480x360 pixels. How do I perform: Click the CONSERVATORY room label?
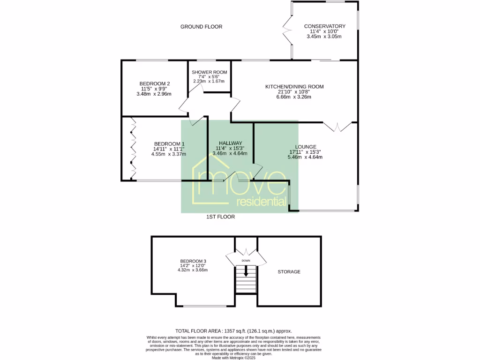tap(324, 26)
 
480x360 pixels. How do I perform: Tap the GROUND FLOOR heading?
tap(201, 27)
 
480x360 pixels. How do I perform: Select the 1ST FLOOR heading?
tap(220, 217)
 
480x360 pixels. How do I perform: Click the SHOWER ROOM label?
tap(210, 72)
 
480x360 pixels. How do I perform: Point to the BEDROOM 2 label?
tap(154, 83)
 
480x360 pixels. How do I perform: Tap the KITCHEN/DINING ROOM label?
tap(294, 87)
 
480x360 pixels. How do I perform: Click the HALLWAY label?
tap(230, 143)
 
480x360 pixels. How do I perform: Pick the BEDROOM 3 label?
tap(193, 261)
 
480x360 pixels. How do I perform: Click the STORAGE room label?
tap(289, 272)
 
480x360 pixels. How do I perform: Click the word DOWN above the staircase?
tap(246, 261)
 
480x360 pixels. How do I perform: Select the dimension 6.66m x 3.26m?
tap(294, 97)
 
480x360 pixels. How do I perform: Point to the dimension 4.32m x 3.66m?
tap(193, 270)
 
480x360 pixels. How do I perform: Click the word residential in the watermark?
tap(262, 202)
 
